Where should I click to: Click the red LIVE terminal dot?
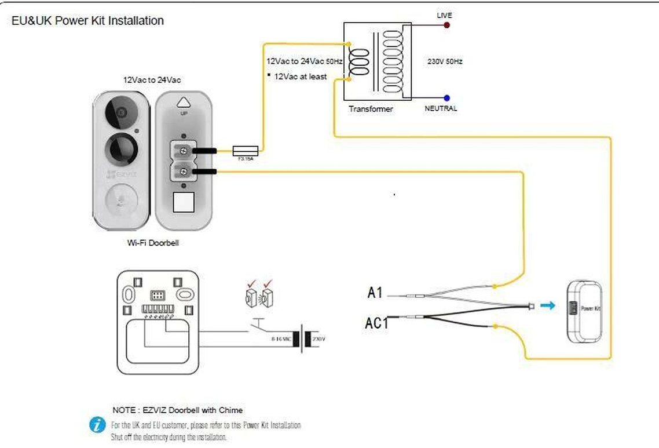pos(446,26)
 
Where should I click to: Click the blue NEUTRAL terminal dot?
pos(446,98)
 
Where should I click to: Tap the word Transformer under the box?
pos(371,109)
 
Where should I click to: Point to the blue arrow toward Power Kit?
pos(547,305)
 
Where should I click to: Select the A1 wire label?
pos(375,293)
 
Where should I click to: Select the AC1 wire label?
pos(376,323)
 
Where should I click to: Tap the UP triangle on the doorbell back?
pos(184,102)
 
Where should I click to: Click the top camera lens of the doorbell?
pos(121,112)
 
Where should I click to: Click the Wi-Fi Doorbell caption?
pos(153,243)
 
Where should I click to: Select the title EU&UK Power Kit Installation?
pos(87,21)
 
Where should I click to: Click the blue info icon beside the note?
pos(97,424)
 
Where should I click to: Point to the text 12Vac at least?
pos(300,77)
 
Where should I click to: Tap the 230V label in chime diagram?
pos(319,338)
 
